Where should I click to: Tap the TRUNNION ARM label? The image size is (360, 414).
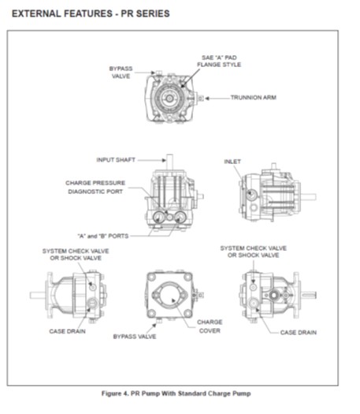251,99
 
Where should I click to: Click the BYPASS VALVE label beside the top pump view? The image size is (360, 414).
120,73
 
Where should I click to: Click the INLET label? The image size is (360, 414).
232,161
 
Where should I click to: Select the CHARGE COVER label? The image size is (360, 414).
210,326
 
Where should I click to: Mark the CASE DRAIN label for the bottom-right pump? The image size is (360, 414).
299,332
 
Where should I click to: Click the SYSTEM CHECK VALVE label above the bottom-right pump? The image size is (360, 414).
254,251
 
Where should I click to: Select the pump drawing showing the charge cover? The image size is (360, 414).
169,297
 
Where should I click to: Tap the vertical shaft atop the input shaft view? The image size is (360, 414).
167,161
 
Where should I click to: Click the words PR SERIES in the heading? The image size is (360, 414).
140,14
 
